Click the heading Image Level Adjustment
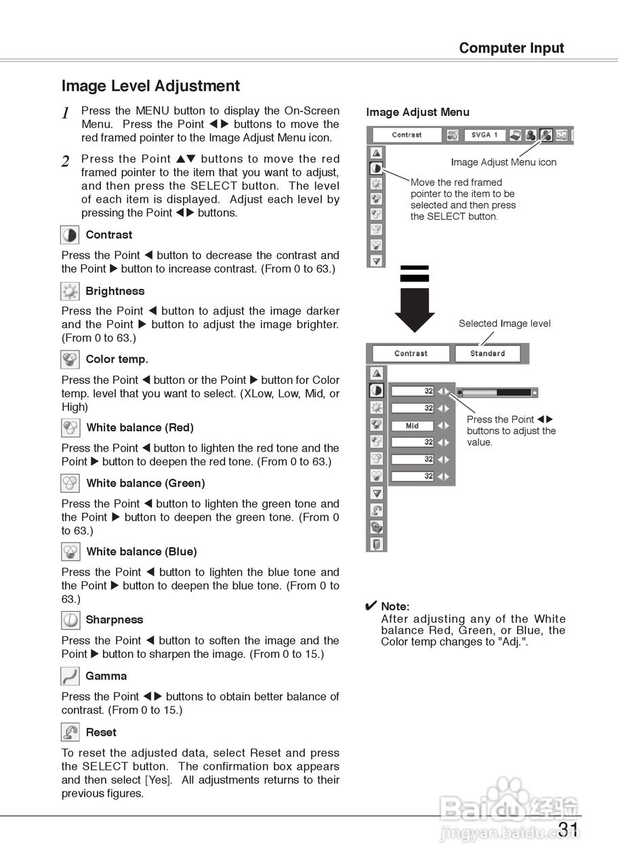[150, 86]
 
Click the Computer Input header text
[511, 48]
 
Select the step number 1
[66, 113]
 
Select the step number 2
[66, 161]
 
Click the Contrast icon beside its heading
[70, 235]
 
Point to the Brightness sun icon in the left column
[70, 292]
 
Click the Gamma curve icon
[70, 676]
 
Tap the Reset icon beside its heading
[70, 732]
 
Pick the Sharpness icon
[70, 620]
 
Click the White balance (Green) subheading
[145, 484]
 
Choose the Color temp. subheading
[117, 359]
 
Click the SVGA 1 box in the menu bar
[485, 135]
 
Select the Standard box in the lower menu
[487, 353]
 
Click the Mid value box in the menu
[412, 426]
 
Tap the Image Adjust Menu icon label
[503, 162]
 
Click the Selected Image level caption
[504, 323]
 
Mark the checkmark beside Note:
[371, 606]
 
